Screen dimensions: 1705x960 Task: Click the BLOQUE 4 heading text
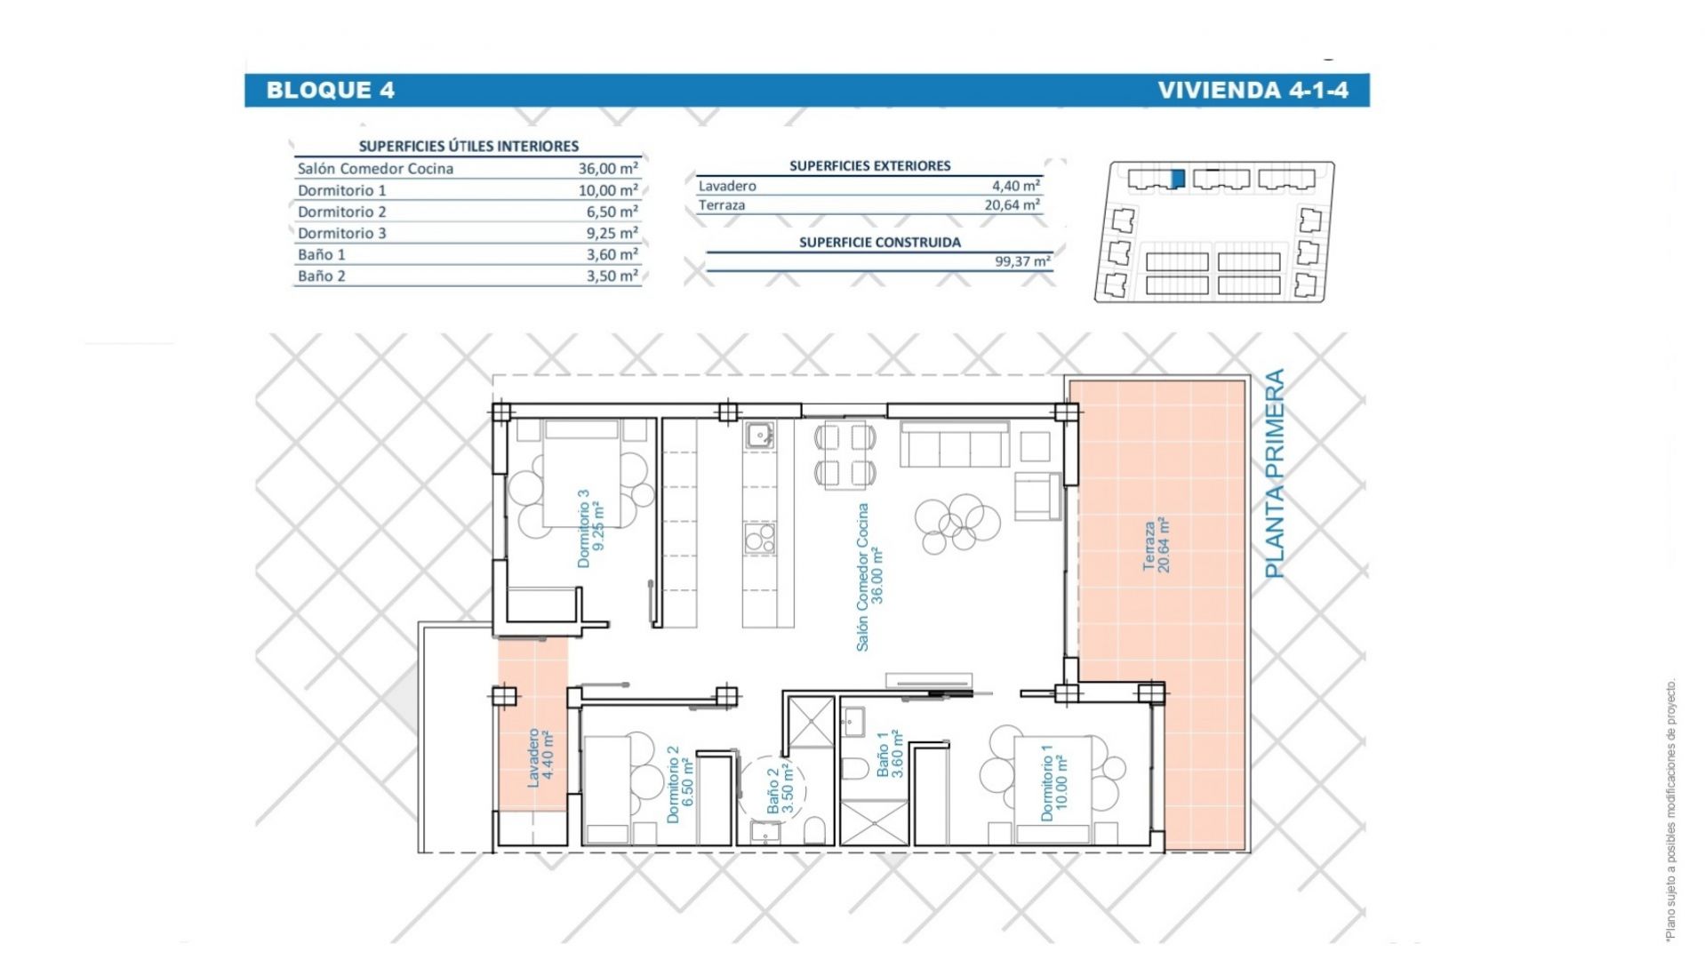(330, 90)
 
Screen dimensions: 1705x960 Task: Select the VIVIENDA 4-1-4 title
(1253, 90)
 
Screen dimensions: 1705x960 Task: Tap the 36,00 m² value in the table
(608, 168)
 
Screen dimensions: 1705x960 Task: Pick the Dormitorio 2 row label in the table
(342, 212)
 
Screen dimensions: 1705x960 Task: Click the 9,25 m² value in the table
(612, 233)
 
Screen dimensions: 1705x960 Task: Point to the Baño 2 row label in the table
(322, 276)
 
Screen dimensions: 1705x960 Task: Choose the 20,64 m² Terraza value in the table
(1011, 204)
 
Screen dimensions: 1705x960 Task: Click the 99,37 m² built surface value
(1023, 261)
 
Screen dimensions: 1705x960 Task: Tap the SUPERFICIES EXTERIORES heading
(869, 165)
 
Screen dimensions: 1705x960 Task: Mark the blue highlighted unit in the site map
(1178, 179)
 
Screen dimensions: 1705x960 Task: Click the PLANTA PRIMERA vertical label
(1275, 474)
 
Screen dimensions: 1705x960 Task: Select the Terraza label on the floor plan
(1149, 546)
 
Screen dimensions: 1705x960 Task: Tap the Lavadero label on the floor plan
(533, 757)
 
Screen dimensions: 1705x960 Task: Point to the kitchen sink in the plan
(758, 436)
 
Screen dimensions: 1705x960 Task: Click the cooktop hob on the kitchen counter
(759, 538)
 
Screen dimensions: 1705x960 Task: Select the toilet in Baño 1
(852, 770)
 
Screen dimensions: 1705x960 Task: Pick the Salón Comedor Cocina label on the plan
(862, 577)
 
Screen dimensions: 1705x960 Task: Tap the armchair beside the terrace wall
(1037, 496)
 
